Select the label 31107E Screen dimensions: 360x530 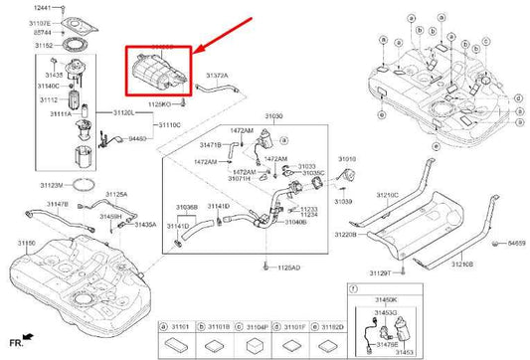(x=43, y=23)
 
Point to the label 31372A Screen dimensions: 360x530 (x=217, y=75)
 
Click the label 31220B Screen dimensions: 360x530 (x=347, y=235)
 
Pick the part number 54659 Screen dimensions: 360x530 (x=514, y=242)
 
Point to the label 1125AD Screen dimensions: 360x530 (x=287, y=268)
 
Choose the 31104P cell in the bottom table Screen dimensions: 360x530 (x=256, y=324)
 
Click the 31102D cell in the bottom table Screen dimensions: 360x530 (x=331, y=324)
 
